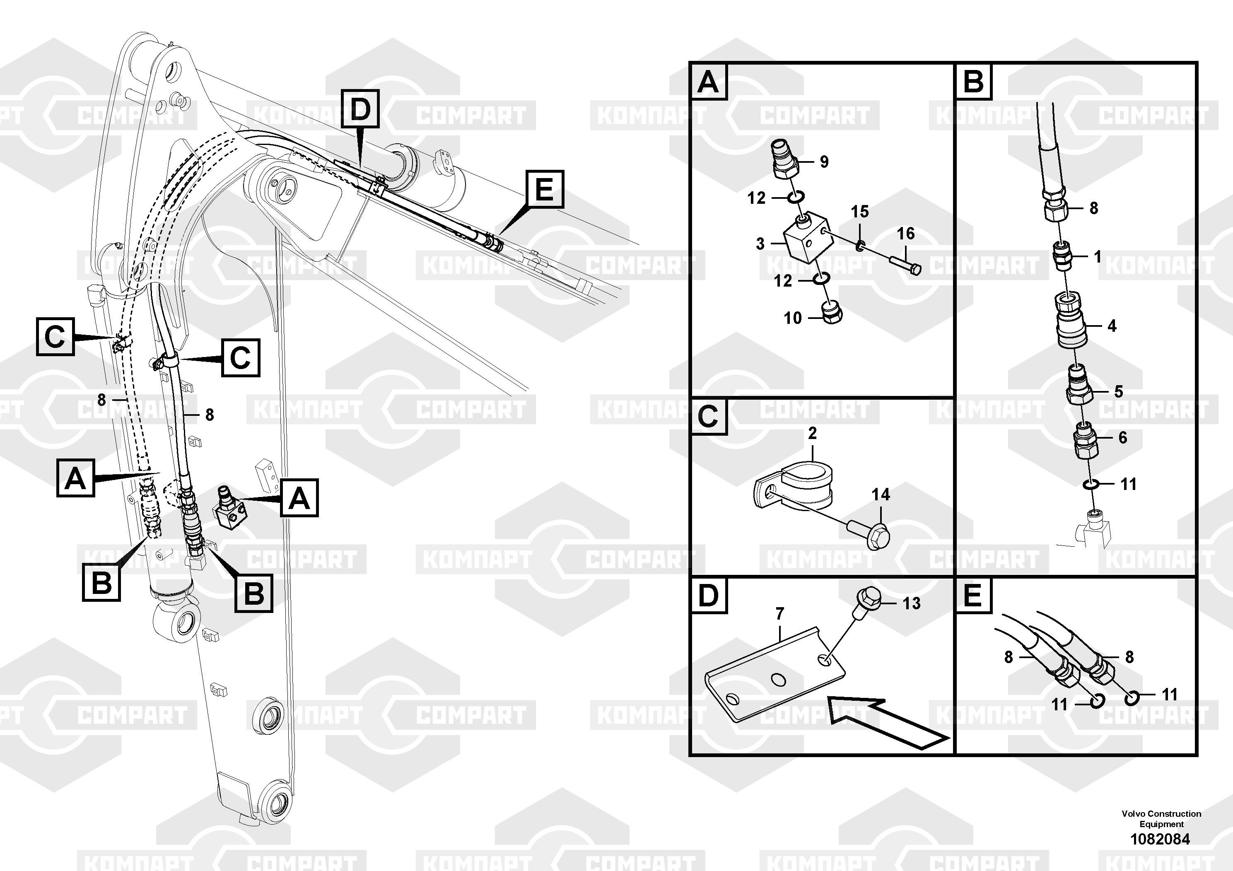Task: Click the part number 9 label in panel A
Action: pos(824,162)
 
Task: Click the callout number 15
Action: pos(860,211)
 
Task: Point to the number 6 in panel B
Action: pos(1122,438)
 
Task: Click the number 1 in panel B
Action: pos(1098,257)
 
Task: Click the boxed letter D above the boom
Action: pos(360,109)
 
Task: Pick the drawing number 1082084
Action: pos(1160,839)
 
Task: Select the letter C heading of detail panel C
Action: pos(708,416)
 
